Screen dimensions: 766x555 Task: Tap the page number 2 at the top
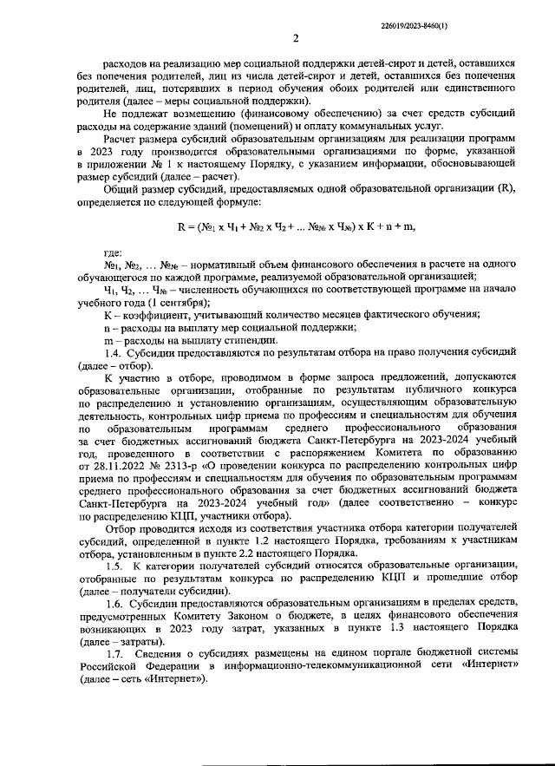(295, 38)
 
